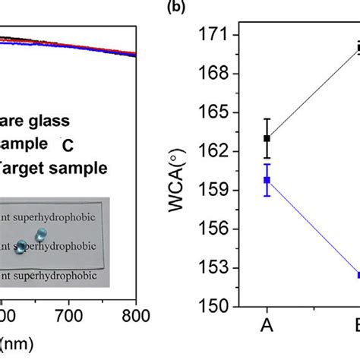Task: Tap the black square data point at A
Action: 266,138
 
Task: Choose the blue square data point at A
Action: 266,180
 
